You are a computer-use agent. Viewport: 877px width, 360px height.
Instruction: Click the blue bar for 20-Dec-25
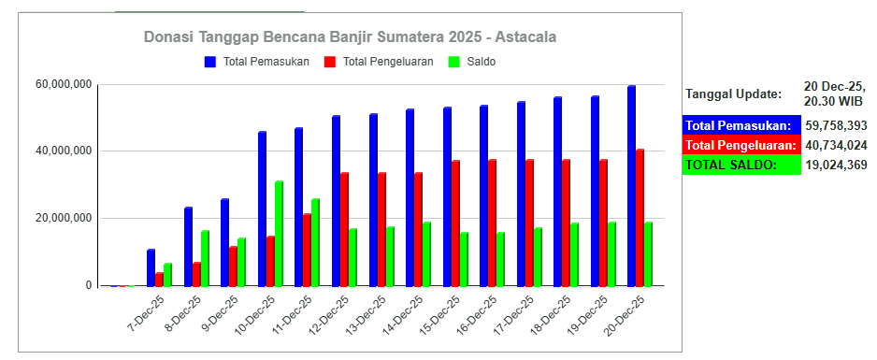click(631, 185)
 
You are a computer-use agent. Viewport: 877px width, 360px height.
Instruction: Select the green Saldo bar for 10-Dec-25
click(279, 233)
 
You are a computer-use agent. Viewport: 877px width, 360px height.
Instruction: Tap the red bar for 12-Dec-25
click(344, 229)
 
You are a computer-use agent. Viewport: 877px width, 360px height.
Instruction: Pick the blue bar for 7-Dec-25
click(151, 267)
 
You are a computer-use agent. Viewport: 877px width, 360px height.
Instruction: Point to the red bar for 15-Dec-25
click(456, 223)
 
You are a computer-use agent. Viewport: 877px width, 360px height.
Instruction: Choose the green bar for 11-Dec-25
click(315, 242)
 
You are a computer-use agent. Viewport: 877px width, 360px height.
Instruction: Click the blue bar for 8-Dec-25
click(188, 247)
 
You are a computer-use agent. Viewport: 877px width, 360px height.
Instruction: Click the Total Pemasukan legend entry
click(257, 62)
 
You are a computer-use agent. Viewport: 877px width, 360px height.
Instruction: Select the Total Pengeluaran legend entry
click(379, 62)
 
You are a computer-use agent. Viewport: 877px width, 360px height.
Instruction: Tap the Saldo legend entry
click(472, 62)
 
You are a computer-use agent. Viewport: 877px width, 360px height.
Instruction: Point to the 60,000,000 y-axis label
click(64, 85)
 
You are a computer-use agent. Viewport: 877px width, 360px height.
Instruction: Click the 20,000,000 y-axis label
click(64, 219)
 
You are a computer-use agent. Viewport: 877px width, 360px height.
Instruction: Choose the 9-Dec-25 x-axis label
click(221, 313)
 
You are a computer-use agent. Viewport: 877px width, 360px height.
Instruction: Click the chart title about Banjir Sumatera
click(350, 37)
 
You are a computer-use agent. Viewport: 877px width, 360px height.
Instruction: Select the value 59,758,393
click(836, 125)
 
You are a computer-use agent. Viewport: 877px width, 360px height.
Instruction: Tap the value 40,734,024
click(836, 145)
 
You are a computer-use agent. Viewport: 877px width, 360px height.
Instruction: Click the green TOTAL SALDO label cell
click(741, 165)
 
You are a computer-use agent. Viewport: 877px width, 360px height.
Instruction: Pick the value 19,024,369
click(836, 165)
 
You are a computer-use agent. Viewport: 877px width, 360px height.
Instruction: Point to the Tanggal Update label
click(734, 94)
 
